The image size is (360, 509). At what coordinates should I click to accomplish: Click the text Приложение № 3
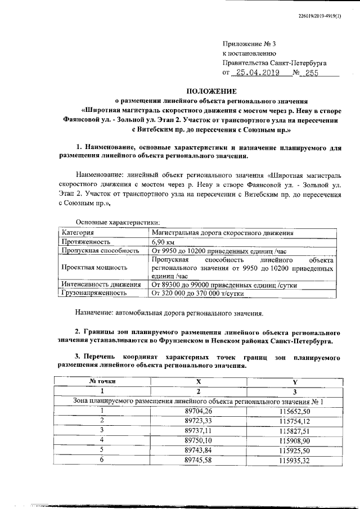click(250, 43)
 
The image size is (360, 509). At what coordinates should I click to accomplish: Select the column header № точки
click(103, 381)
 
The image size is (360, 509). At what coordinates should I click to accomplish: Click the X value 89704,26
click(198, 411)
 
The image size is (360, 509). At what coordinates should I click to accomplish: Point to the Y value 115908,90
click(295, 439)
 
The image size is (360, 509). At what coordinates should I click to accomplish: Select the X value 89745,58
click(198, 461)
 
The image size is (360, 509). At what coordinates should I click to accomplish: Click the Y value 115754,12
click(295, 420)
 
